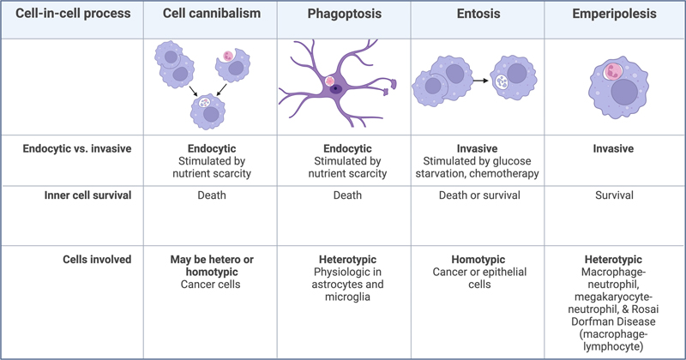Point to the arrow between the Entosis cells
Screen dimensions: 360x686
tap(479, 82)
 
